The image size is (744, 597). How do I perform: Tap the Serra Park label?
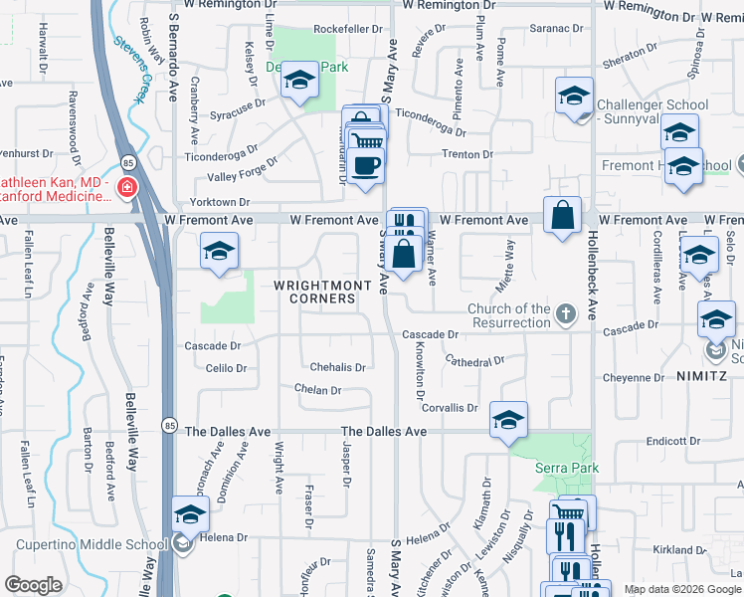click(x=558, y=466)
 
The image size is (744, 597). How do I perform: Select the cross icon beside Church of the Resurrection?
click(x=566, y=315)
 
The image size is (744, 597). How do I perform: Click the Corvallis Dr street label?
click(x=450, y=408)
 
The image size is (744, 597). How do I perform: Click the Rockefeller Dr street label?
click(x=348, y=30)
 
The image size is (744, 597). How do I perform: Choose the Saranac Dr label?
click(x=554, y=28)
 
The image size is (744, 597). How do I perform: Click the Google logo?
click(x=33, y=585)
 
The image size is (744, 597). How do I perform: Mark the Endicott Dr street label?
click(x=674, y=441)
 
